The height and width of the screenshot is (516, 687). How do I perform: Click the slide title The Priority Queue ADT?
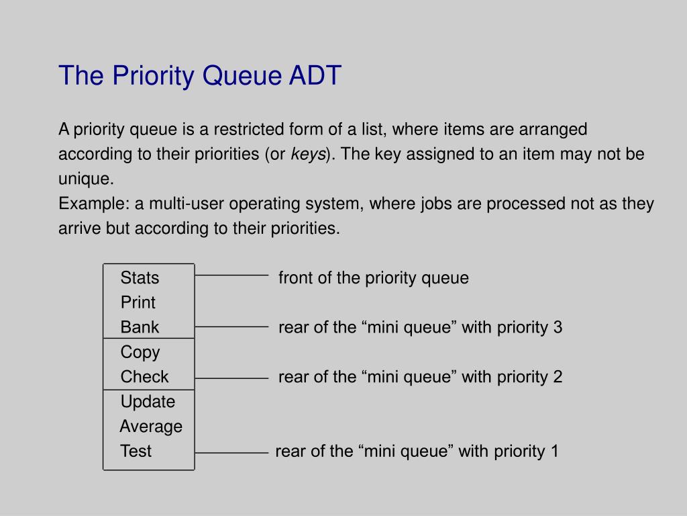pyautogui.click(x=200, y=75)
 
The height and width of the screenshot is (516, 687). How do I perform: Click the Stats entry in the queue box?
pyautogui.click(x=140, y=277)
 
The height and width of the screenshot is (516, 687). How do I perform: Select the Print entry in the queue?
pyautogui.click(x=138, y=302)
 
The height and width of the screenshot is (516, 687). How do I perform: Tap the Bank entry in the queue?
pyautogui.click(x=140, y=327)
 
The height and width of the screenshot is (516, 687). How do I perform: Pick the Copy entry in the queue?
pyautogui.click(x=140, y=352)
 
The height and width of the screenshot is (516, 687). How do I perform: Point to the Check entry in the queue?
pyautogui.click(x=144, y=377)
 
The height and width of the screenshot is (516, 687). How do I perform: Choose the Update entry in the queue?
pyautogui.click(x=148, y=402)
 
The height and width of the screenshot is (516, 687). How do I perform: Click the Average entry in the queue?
pyautogui.click(x=151, y=427)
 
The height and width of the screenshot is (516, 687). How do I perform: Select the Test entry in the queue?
pyautogui.click(x=136, y=451)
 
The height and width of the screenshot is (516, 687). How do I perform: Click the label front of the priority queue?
pyautogui.click(x=373, y=277)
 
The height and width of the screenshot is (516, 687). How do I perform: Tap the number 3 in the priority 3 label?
pyautogui.click(x=558, y=327)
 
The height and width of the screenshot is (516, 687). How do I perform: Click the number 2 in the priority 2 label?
pyautogui.click(x=558, y=377)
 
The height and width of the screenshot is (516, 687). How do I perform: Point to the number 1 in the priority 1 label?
pyautogui.click(x=554, y=451)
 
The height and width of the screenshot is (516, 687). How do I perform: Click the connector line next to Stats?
pyautogui.click(x=231, y=275)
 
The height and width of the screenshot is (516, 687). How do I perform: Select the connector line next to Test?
pyautogui.click(x=231, y=454)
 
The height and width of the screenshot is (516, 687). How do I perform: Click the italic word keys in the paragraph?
pyautogui.click(x=308, y=155)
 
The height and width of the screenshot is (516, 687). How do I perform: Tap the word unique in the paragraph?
pyautogui.click(x=85, y=179)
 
